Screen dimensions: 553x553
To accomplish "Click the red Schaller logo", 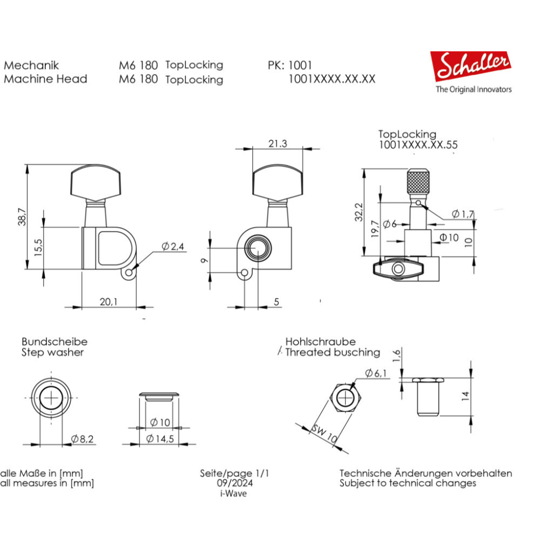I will (471, 67).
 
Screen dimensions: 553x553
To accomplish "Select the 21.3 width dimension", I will (277, 144).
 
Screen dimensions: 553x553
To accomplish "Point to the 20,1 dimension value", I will (108, 301).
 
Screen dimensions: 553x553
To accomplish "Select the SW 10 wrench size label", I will (324, 434).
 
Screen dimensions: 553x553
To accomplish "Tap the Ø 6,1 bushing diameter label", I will (376, 374).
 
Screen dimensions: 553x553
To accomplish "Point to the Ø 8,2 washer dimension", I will (82, 439).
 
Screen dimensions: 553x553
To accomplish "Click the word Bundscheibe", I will (54, 342).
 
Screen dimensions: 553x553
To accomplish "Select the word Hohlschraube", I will (320, 342).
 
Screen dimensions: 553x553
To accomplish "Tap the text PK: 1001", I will (290, 65).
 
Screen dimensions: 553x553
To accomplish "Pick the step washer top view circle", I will (51, 398).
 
